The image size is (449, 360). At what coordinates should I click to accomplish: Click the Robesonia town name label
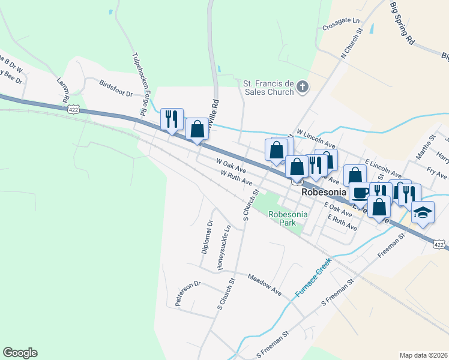324,193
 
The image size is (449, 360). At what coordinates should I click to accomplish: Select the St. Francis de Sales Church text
268,88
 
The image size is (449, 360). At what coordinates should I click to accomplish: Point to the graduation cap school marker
423,212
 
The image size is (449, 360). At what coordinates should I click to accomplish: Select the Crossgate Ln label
340,27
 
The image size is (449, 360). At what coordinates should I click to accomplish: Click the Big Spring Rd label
402,23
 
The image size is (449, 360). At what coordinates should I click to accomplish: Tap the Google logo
20,353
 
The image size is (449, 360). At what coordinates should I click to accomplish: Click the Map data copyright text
423,355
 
